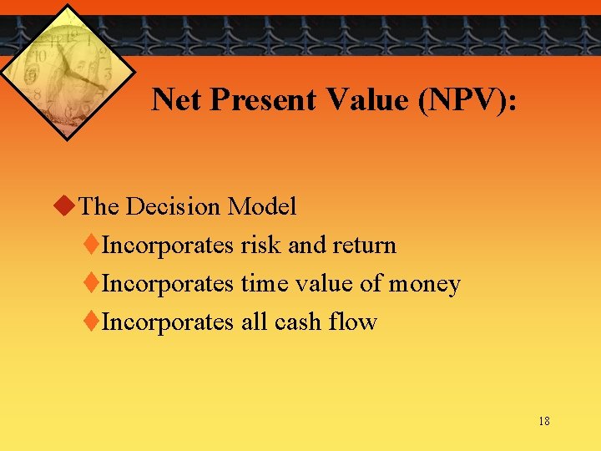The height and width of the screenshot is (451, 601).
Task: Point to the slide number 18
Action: pyautogui.click(x=543, y=421)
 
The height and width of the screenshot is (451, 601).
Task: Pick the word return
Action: pyautogui.click(x=365, y=246)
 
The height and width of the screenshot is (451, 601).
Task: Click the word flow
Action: pyautogui.click(x=356, y=322)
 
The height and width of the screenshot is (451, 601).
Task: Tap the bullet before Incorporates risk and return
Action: pyautogui.click(x=92, y=245)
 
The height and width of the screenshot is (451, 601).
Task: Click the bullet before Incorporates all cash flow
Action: pyautogui.click(x=92, y=322)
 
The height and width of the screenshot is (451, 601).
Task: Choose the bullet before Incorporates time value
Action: pyautogui.click(x=92, y=283)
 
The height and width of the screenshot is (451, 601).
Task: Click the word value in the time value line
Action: pyautogui.click(x=323, y=284)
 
